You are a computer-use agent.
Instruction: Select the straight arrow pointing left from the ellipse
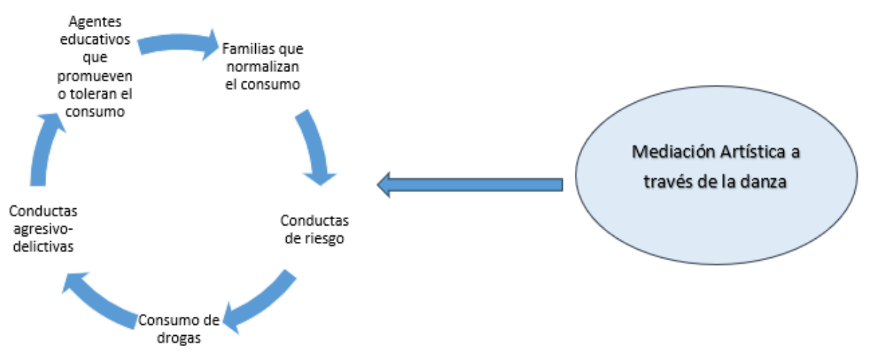tap(469, 184)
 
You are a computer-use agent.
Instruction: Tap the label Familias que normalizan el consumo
tap(263, 67)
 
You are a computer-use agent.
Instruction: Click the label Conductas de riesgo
tap(315, 229)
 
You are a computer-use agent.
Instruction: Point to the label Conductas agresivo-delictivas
tap(43, 229)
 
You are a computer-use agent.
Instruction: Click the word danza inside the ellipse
tap(764, 183)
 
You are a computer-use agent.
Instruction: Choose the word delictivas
tap(43, 246)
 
